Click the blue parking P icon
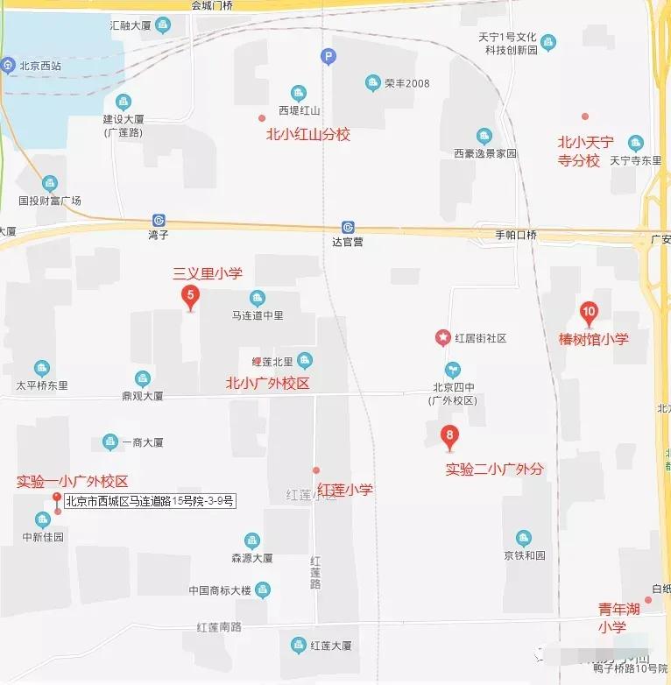tap(328, 58)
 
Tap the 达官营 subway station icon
tap(348, 227)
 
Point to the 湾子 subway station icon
tap(159, 220)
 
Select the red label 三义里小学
tap(207, 273)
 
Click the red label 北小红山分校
tap(307, 135)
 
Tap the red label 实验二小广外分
tap(494, 469)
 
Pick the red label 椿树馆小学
tap(593, 338)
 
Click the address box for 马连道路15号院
tap(150, 501)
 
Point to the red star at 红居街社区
tap(444, 337)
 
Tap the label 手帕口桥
tap(516, 235)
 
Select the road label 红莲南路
tap(219, 626)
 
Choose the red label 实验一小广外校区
tap(73, 481)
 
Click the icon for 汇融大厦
tap(163, 25)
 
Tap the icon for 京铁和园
tap(524, 538)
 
